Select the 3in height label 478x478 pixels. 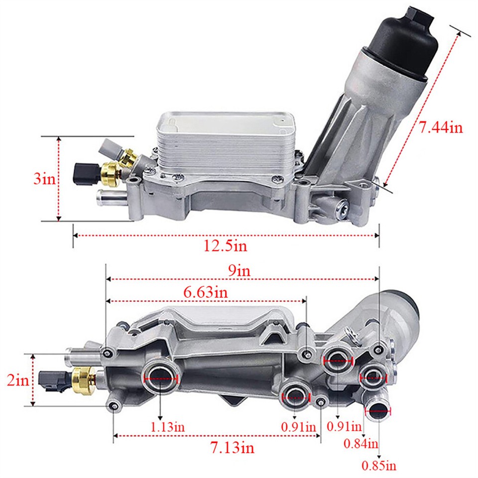(44, 179)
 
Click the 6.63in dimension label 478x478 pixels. (206, 292)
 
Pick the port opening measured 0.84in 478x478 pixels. (372, 378)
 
